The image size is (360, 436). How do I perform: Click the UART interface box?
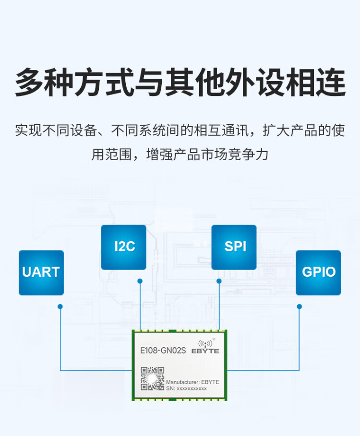(41, 272)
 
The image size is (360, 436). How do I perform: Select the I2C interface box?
(123, 247)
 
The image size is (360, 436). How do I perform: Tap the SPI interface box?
(234, 247)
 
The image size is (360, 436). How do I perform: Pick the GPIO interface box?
(318, 272)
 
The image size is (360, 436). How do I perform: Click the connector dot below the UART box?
(60, 306)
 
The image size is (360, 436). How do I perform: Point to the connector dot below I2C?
(140, 281)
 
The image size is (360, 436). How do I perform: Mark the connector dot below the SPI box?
(219, 281)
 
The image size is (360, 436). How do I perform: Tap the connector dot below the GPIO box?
(300, 306)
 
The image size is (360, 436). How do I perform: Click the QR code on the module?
(153, 378)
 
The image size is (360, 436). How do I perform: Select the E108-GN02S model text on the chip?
(163, 350)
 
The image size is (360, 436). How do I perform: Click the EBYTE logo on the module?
(205, 347)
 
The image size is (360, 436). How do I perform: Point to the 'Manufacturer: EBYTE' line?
(192, 382)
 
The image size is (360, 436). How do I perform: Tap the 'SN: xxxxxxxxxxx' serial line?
(186, 389)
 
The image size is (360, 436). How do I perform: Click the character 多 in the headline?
(29, 82)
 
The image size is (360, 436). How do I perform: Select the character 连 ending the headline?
(331, 82)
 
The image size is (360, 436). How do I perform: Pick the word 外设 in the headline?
(256, 82)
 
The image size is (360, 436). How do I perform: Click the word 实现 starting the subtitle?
(28, 130)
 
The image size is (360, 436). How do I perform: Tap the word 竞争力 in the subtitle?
(248, 154)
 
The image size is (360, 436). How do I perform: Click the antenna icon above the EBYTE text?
(205, 343)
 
